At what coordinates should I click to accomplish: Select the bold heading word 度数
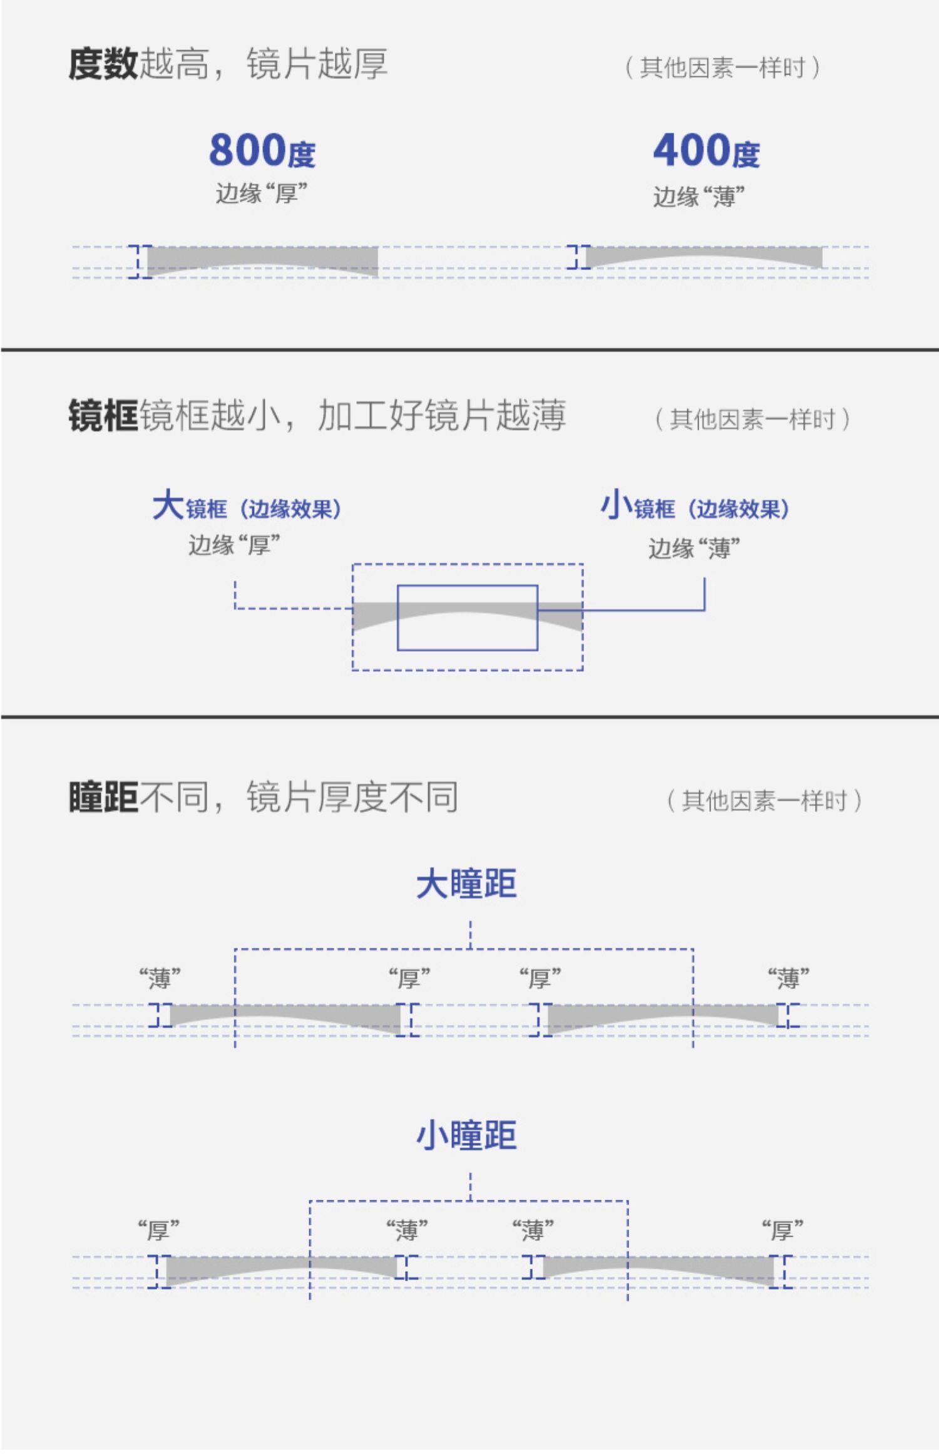pos(103,64)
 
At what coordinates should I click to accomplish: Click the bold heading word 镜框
pos(103,416)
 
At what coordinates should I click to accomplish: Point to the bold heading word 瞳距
pos(103,797)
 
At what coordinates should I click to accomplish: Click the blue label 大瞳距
pos(466,884)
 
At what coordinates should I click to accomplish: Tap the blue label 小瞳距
pos(466,1135)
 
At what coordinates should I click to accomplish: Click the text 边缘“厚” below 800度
pos(261,193)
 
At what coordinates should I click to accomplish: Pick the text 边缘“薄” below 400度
pos(699,197)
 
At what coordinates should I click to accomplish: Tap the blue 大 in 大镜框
pos(168,505)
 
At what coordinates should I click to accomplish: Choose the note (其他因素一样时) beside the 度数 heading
pos(722,68)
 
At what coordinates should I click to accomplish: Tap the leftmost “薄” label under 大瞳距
pos(160,977)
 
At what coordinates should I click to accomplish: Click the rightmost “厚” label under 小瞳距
pos(782,1230)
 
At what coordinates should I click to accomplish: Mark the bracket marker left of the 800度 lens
pos(140,261)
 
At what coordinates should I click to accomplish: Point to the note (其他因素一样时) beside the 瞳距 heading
pos(764,801)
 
